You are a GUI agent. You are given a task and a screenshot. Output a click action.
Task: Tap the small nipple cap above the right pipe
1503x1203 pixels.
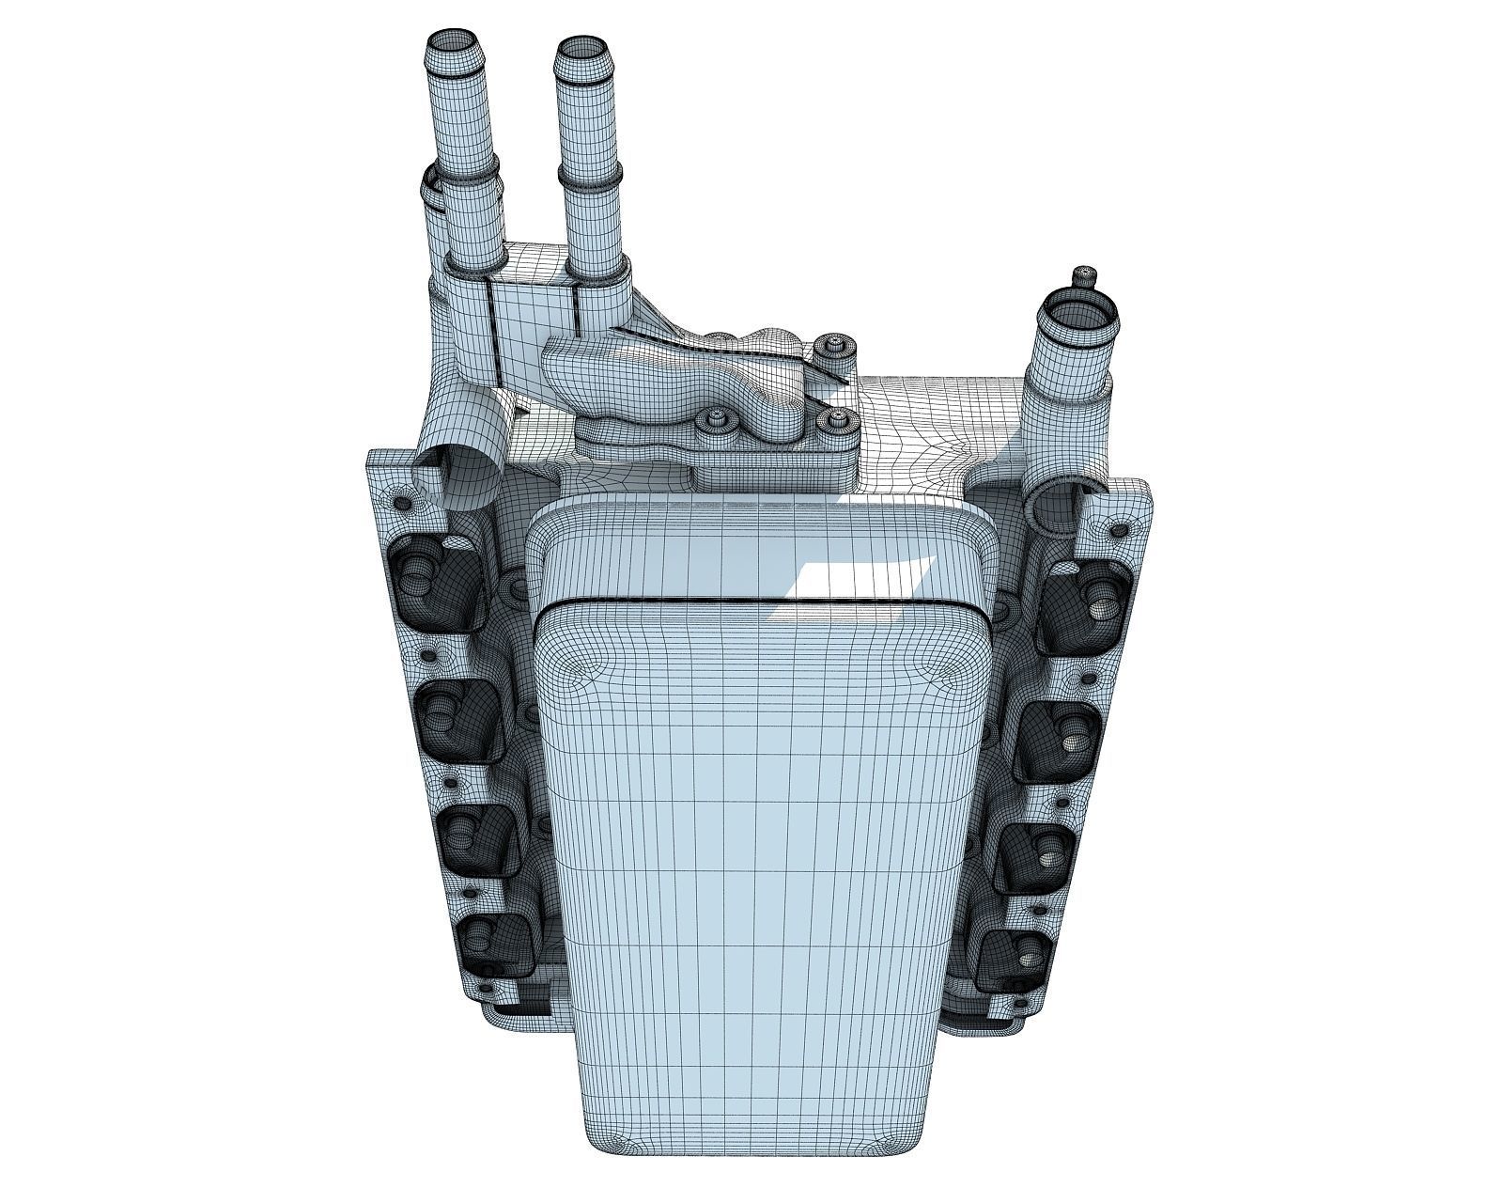tap(1085, 275)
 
